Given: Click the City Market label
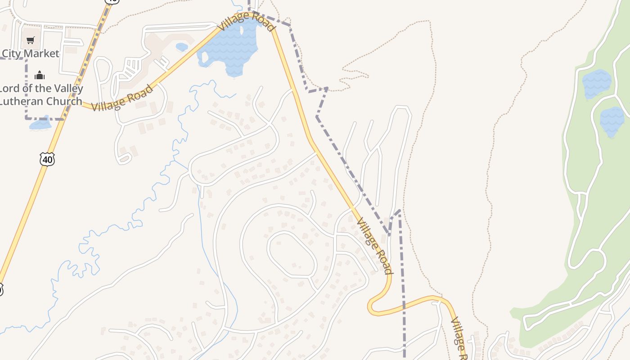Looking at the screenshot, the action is [30, 54].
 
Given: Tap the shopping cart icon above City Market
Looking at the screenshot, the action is [30, 40].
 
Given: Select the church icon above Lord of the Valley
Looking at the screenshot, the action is [40, 75].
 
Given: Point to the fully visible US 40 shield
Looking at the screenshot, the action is [47, 159].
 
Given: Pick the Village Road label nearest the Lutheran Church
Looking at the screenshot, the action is [122, 98].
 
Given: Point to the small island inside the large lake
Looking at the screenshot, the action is [205, 57].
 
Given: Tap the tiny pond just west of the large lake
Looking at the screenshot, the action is [182, 47].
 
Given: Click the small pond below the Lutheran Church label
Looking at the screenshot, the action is [40, 123].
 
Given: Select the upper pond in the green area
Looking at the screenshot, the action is [597, 83].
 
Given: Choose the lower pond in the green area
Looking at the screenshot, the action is [612, 121].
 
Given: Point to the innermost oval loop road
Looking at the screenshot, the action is [292, 254].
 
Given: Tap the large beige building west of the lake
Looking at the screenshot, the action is [157, 45].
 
